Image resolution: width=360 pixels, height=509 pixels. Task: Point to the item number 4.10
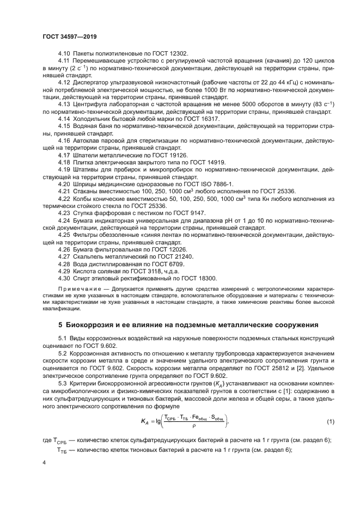coord(65,53)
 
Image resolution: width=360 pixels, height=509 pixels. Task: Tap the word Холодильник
coord(96,118)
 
